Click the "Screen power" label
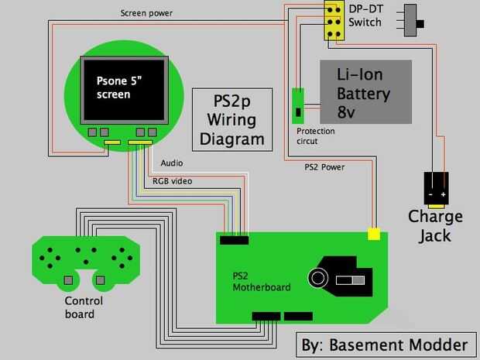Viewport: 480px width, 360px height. [147, 13]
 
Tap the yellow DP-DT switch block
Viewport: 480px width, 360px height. [334, 22]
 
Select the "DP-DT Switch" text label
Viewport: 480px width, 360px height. [365, 15]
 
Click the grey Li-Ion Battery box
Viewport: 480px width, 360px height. [366, 91]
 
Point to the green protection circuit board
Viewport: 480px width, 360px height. [297, 106]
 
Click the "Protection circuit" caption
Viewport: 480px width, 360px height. [316, 136]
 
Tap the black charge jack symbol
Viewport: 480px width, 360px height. [436, 189]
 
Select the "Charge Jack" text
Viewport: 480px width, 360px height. [435, 225]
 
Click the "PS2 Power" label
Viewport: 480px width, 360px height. [324, 166]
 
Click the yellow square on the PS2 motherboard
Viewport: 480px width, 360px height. [374, 233]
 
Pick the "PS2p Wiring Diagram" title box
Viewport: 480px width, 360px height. [233, 119]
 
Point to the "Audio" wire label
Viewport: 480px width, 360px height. [172, 163]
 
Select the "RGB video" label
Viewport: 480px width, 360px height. [172, 180]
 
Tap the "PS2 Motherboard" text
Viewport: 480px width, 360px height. [262, 281]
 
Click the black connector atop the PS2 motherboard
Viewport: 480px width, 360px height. [234, 240]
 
